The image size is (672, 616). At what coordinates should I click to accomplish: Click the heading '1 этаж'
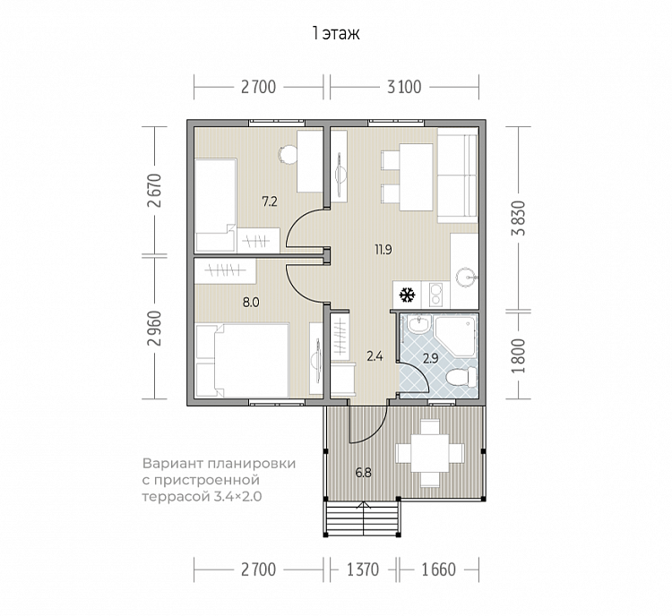coord(336,33)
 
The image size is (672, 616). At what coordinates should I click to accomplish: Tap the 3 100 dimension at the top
coord(404,88)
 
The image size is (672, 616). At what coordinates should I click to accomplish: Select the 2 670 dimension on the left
coord(154,191)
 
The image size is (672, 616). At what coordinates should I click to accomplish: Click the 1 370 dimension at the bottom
coord(363,569)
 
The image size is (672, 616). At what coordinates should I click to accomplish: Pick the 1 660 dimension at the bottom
coord(439,569)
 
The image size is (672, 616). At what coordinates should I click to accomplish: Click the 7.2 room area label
coord(270,201)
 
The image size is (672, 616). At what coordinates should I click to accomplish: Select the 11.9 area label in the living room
coord(383,249)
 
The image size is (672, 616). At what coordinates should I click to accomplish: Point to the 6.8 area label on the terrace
coord(364,473)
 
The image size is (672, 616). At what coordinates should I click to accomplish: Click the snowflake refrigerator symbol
coord(407,295)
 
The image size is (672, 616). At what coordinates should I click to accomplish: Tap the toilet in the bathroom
coord(461,378)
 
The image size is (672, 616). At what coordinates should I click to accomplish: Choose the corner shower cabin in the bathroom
coord(455,336)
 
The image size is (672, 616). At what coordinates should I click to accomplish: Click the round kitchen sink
coord(465,277)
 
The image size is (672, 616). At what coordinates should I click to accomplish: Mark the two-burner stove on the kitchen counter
coord(436,295)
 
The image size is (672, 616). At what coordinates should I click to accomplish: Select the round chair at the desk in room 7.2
coord(287,154)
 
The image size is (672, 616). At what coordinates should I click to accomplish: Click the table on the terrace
coord(430,453)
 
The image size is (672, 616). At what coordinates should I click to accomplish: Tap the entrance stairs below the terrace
coord(363,518)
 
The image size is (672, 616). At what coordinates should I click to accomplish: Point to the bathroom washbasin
coord(418,324)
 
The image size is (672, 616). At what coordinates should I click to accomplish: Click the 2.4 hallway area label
coord(375,356)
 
